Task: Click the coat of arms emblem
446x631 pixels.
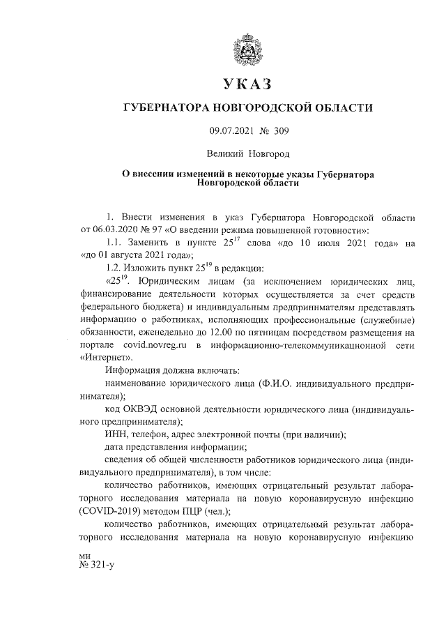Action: click(248, 50)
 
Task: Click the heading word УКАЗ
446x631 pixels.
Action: click(248, 85)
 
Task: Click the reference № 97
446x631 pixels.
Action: click(151, 229)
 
